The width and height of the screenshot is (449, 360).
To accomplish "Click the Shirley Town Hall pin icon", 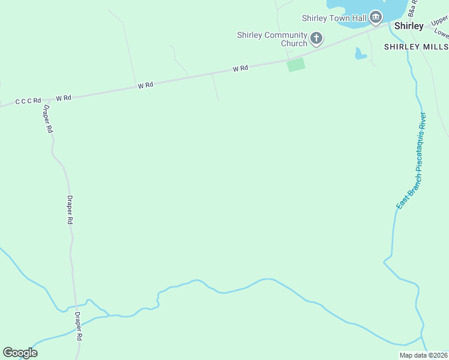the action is [376, 17].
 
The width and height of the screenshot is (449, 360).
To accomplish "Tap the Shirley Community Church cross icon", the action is [316, 40].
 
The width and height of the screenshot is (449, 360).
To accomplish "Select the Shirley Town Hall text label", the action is [335, 18].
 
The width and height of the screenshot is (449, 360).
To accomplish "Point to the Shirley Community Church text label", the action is [272, 39].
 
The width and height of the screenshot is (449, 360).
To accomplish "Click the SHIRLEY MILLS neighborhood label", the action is [416, 47].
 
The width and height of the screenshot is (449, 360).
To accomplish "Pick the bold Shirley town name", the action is [409, 26].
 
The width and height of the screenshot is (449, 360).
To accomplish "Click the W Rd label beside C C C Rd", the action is [64, 97].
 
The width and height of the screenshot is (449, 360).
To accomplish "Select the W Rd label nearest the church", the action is [240, 69].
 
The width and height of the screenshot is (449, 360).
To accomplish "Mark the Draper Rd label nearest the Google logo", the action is [77, 326].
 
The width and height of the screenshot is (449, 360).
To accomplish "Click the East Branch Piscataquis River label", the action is [411, 160].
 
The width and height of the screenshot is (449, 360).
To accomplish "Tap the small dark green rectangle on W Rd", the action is [296, 64].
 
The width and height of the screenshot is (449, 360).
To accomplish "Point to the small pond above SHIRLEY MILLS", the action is [360, 55].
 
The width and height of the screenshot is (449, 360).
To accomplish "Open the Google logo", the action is [20, 353].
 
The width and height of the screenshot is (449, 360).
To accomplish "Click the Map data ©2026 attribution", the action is [423, 355].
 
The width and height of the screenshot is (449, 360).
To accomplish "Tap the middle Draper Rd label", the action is [70, 210].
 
